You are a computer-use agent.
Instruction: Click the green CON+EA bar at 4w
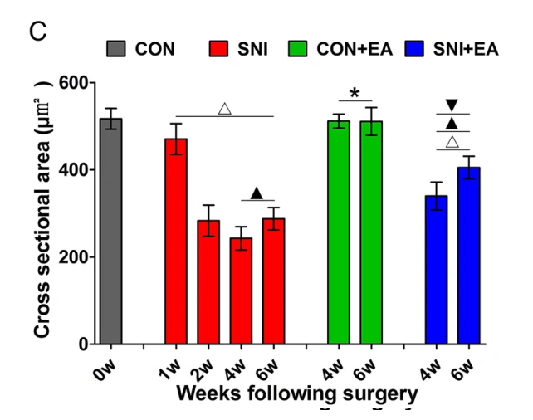(x=338, y=232)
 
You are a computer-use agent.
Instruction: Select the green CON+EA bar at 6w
(x=370, y=232)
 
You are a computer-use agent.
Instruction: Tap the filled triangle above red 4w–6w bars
(x=257, y=193)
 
